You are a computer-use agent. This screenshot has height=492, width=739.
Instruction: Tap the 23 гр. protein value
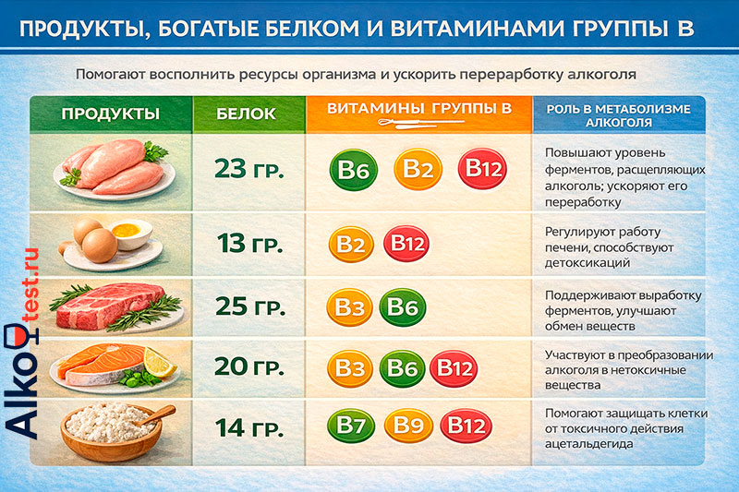tap(248, 171)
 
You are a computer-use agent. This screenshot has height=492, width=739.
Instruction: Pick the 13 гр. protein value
tap(248, 245)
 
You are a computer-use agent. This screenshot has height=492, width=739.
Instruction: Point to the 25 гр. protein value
tap(248, 306)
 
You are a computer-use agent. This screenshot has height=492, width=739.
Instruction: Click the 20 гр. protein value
tap(248, 366)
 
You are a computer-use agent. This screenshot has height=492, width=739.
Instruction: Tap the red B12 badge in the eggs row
tap(407, 244)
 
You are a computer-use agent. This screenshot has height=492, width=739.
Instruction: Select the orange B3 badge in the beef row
tap(351, 307)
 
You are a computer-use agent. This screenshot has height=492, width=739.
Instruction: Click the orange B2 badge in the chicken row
tap(417, 170)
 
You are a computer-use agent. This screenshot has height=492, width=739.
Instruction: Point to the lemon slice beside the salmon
tap(160, 366)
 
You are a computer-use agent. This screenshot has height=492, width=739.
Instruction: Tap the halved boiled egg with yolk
tap(130, 231)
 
